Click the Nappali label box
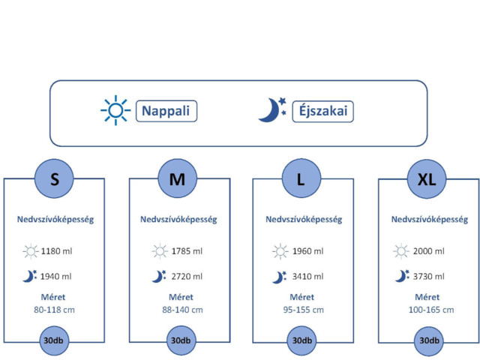166,111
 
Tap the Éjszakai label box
323,111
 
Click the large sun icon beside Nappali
115,110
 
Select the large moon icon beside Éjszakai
271,110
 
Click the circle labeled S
54,178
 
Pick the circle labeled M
178,178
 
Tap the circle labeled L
301,178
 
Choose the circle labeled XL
427,179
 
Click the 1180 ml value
56,251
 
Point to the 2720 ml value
187,277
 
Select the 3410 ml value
307,277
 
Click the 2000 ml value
428,251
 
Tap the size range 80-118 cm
54,310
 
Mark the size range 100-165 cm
431,310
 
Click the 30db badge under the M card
181,340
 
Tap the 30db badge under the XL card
429,340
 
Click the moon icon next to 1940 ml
29,276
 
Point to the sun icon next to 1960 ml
280,252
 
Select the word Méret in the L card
301,297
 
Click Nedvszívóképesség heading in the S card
55,220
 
